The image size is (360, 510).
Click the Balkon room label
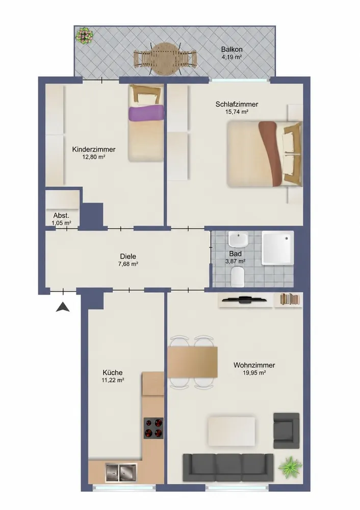[x=232, y=49]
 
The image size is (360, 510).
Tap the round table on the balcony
[x=166, y=59]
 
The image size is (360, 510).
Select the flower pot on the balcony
[x=85, y=35]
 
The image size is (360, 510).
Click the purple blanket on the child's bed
[x=145, y=113]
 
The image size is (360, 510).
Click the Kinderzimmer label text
[x=94, y=149]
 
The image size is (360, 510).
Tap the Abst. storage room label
[x=62, y=216]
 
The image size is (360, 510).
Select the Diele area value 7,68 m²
[x=128, y=264]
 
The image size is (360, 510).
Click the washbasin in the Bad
[x=238, y=239]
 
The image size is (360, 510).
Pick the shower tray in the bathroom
[x=278, y=248]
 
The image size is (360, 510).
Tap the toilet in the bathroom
[x=237, y=276]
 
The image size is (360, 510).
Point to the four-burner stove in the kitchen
[x=153, y=428]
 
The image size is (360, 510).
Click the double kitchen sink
[x=121, y=472]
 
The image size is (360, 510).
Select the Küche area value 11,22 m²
[x=113, y=380]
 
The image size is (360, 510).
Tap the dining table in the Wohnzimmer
[x=193, y=362]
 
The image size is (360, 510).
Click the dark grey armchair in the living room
[x=286, y=430]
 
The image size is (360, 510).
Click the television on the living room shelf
[x=244, y=299]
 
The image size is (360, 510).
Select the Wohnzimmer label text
[x=254, y=365]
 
